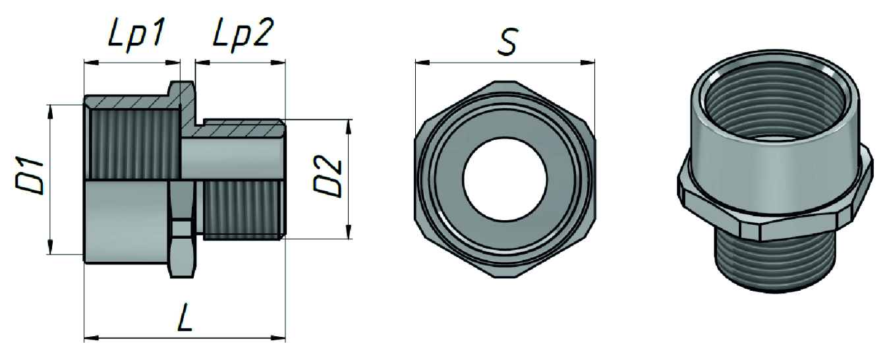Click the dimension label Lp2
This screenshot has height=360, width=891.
[243, 35]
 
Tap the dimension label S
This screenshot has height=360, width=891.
[507, 42]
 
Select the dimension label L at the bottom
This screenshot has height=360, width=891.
[185, 317]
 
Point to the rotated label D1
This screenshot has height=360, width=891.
[30, 175]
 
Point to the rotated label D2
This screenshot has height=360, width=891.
[328, 176]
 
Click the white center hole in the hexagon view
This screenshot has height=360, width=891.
[505, 179]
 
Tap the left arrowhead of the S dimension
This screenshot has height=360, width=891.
[423, 63]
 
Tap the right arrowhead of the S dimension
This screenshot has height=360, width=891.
[587, 63]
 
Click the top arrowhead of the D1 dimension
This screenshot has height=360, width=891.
[50, 112]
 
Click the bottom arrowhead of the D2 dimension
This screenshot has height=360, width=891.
[349, 232]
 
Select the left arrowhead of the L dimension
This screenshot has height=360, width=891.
[92, 338]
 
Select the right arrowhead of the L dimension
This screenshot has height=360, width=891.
[278, 338]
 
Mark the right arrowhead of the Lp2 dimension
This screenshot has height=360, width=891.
[278, 63]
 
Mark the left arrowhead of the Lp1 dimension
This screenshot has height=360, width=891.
[92, 62]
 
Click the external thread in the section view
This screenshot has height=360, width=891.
[243, 210]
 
